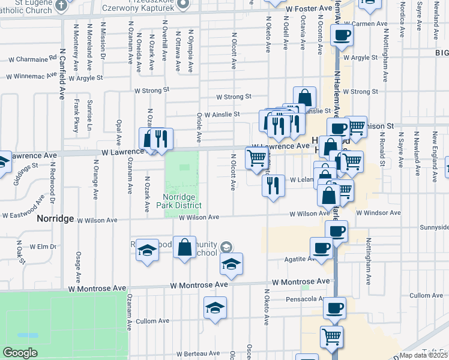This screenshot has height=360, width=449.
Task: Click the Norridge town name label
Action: tap(55, 219)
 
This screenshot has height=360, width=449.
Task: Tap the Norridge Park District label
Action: tap(181, 201)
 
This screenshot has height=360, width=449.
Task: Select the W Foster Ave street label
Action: tap(309, 10)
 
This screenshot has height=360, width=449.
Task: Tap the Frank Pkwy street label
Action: tap(76, 116)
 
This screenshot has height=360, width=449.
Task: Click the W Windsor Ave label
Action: tap(378, 213)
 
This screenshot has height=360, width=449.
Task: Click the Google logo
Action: tap(20, 353)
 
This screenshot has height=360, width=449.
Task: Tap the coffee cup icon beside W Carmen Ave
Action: tap(341, 35)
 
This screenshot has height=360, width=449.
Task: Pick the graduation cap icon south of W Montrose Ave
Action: tap(215, 308)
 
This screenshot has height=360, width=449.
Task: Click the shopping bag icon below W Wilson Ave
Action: tap(184, 247)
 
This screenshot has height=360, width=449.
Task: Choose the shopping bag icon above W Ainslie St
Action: tap(304, 97)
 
